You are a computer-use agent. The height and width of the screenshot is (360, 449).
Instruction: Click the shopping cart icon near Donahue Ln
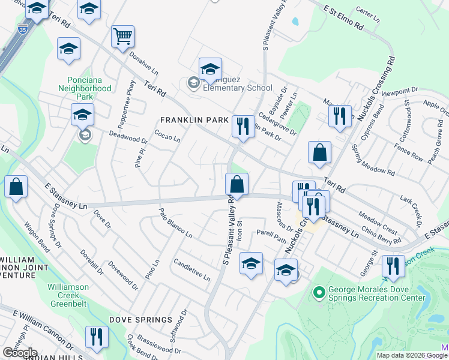(122, 37)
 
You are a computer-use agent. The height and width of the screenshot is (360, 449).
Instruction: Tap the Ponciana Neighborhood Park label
(85, 84)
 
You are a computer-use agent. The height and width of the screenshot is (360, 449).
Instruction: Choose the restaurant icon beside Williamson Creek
(393, 266)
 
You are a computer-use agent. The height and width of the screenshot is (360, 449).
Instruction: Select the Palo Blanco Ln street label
(175, 222)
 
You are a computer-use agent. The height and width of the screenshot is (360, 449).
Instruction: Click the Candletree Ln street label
(191, 270)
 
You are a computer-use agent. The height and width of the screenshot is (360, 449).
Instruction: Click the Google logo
(20, 353)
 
